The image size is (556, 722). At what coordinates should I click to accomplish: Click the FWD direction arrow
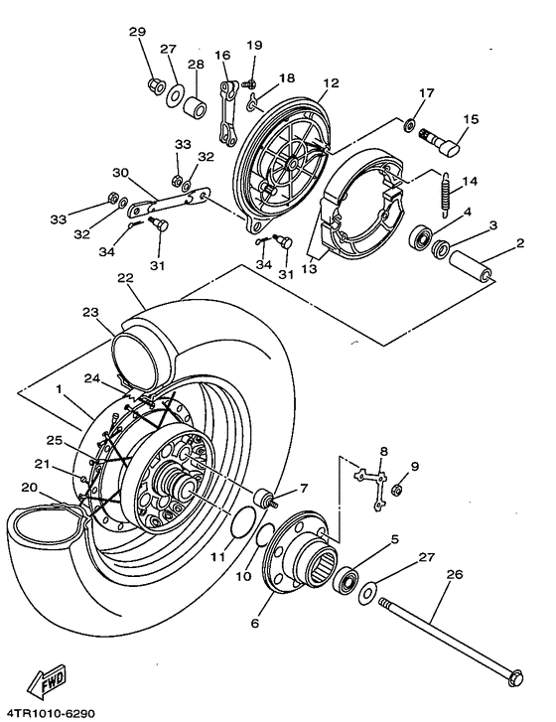(x=47, y=679)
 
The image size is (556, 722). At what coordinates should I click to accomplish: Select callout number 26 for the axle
(x=454, y=574)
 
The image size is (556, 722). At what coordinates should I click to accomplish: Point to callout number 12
(x=331, y=82)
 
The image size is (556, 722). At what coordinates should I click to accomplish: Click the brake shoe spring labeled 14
(x=446, y=195)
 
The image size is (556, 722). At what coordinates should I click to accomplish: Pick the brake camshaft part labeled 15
(x=440, y=144)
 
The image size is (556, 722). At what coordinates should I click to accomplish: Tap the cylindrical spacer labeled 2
(x=471, y=265)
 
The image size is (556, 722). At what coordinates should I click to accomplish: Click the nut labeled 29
(x=156, y=86)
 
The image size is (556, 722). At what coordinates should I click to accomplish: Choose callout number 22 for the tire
(x=125, y=278)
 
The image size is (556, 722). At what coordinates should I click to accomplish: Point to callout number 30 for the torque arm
(x=120, y=173)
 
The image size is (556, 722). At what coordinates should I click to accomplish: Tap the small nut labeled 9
(x=397, y=490)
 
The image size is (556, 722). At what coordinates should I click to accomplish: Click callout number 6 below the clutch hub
(x=254, y=623)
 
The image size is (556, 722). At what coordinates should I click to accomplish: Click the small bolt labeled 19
(x=249, y=83)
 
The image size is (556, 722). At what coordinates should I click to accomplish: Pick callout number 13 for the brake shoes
(x=310, y=268)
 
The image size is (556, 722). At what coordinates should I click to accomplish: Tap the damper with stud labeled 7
(x=266, y=500)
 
